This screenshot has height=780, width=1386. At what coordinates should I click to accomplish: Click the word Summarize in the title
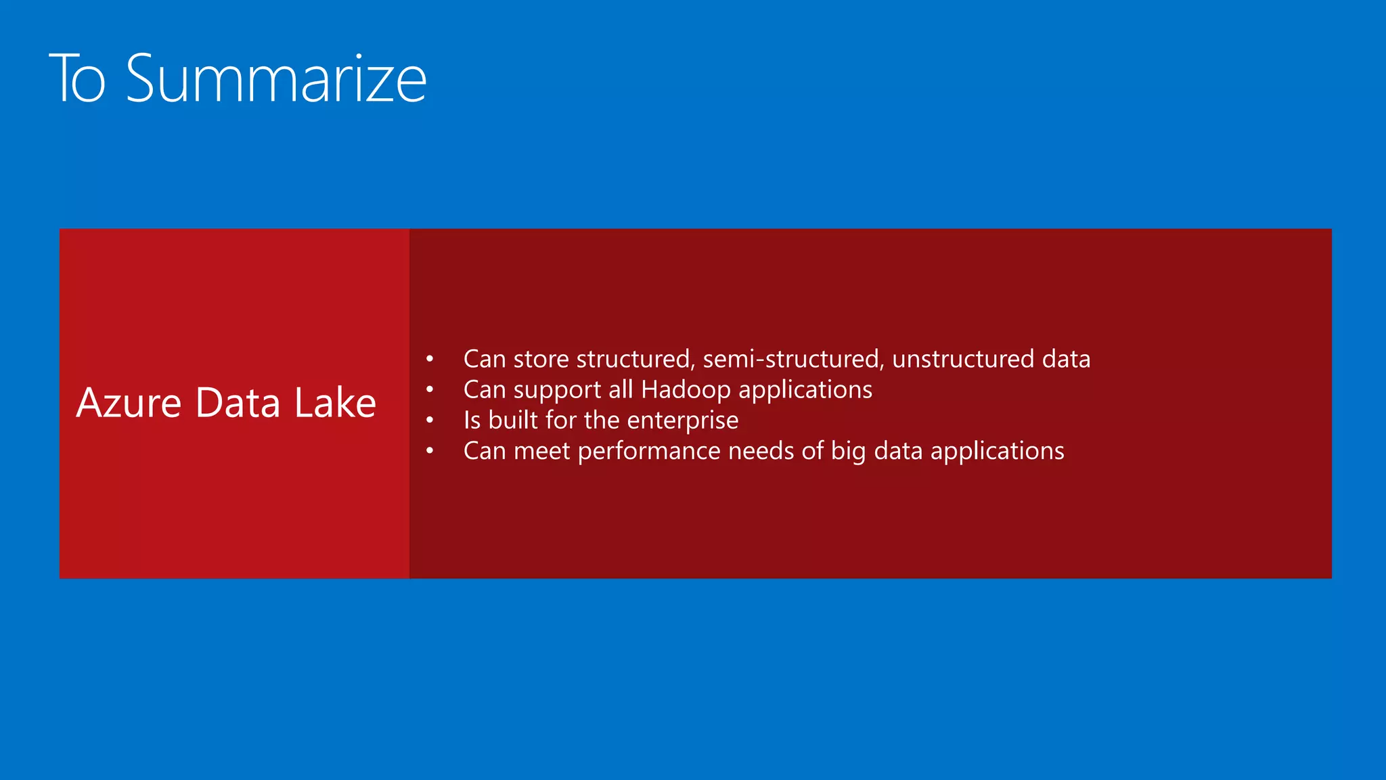[276, 79]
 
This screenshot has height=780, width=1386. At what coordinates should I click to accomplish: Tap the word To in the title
[78, 79]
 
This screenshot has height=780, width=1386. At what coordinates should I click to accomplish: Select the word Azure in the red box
[129, 403]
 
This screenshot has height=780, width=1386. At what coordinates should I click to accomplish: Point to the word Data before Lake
[238, 403]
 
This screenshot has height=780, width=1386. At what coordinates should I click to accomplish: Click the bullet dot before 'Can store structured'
[430, 359]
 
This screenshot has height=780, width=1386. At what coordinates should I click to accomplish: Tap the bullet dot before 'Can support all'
[430, 389]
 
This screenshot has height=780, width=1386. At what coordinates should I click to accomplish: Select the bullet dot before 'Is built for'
[430, 420]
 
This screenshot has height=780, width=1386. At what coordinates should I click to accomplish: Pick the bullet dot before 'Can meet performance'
[430, 451]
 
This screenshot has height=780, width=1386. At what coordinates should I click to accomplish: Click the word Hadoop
[686, 390]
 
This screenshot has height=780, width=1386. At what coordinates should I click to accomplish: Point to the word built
[513, 420]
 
